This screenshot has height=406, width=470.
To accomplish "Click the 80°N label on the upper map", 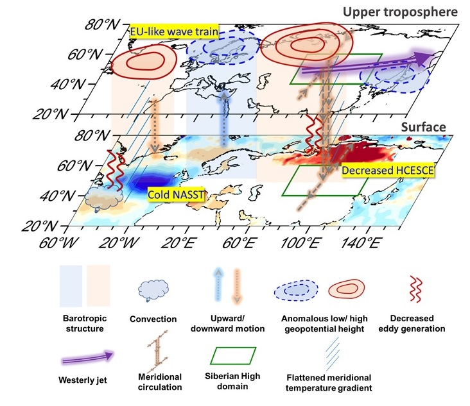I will point(102,27).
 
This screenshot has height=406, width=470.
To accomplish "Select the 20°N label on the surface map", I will point(51,226).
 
